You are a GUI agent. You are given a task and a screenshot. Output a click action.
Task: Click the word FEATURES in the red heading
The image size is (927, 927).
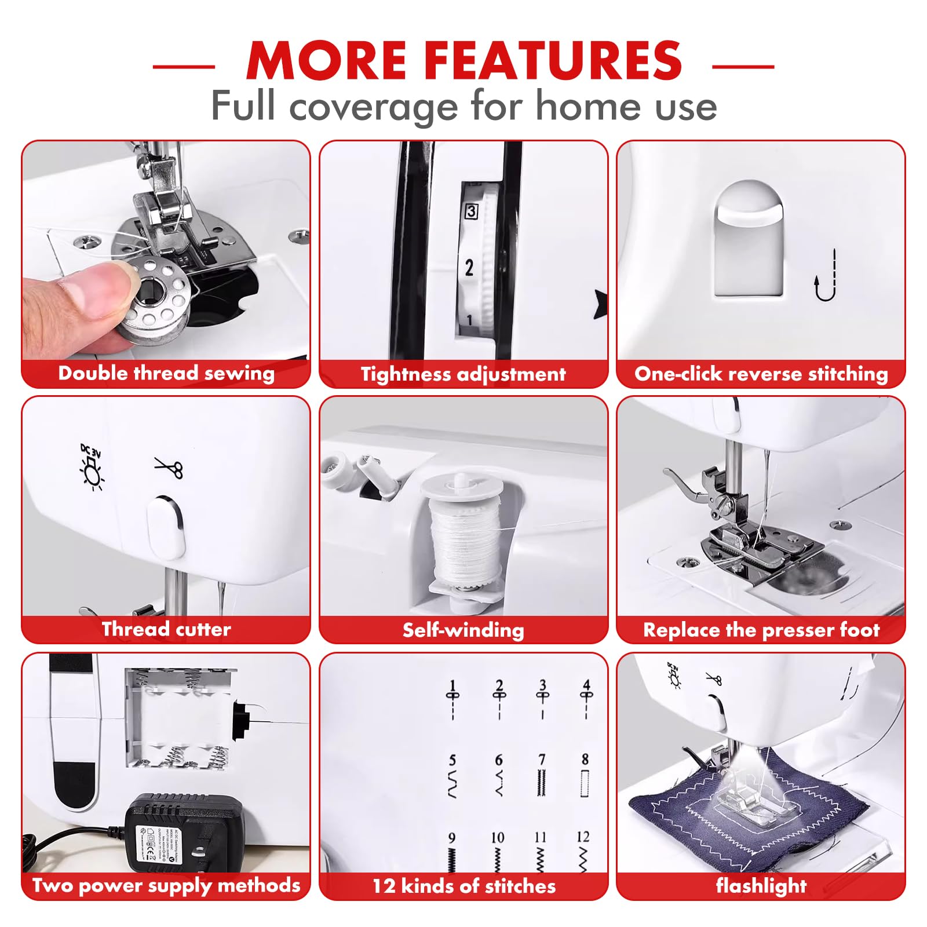point(553,60)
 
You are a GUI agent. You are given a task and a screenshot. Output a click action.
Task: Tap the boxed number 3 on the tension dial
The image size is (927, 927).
point(471,211)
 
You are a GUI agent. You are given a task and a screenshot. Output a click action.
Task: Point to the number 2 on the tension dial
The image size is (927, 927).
point(469,267)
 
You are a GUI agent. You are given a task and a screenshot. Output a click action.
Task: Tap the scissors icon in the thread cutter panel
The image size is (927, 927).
point(169,467)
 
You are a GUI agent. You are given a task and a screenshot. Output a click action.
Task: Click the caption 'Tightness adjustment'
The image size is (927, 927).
point(463,374)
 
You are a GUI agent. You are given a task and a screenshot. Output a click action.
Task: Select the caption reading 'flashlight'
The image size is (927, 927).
point(761,886)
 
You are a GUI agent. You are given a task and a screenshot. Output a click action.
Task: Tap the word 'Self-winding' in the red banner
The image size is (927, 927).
point(463,630)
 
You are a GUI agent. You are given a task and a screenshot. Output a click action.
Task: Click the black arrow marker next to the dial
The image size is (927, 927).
point(601,304)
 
